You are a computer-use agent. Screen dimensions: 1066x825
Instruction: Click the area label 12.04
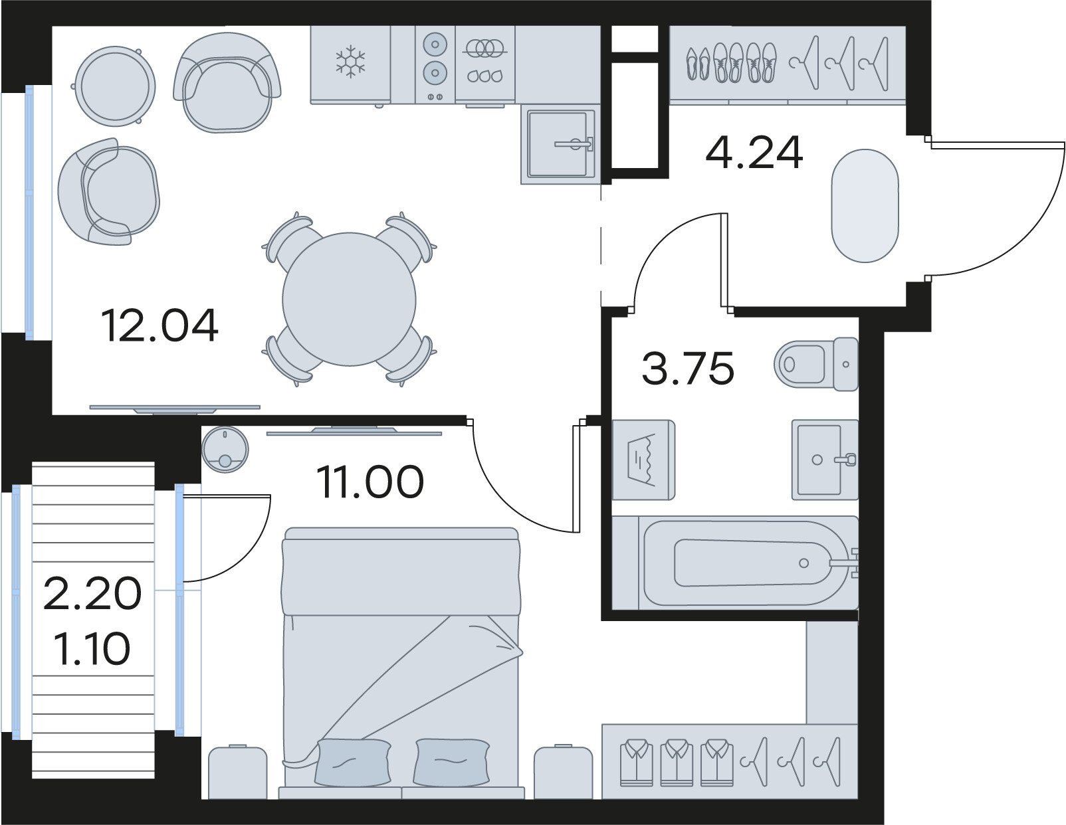pos(160,325)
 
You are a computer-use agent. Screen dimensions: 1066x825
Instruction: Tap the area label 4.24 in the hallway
pos(754,153)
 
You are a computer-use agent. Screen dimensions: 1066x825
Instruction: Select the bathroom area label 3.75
pos(688,367)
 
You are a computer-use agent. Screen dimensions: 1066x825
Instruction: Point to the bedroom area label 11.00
pos(370,482)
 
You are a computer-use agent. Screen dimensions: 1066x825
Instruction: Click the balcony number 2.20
pos(92,594)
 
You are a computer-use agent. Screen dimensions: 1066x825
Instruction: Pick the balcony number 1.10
pos(92,648)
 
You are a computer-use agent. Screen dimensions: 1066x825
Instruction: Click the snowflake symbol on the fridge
pos(351,62)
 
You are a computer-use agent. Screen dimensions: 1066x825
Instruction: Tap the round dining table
pos(350,299)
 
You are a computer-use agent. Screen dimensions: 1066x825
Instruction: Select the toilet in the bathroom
pos(816,364)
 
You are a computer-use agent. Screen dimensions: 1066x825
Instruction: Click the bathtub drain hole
pos(803,563)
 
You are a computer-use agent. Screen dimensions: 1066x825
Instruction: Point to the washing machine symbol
pos(643,460)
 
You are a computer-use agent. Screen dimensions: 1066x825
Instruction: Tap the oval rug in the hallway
pos(865,206)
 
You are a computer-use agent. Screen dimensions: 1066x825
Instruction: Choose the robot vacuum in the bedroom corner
pos(225,450)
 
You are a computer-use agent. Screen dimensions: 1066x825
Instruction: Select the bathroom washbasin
pos(825,460)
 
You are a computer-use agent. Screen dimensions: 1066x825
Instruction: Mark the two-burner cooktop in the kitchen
pos(435,64)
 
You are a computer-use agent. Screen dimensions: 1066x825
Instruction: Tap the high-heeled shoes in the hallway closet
pos(698,64)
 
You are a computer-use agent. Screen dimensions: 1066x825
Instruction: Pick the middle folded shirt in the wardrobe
pos(677,763)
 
